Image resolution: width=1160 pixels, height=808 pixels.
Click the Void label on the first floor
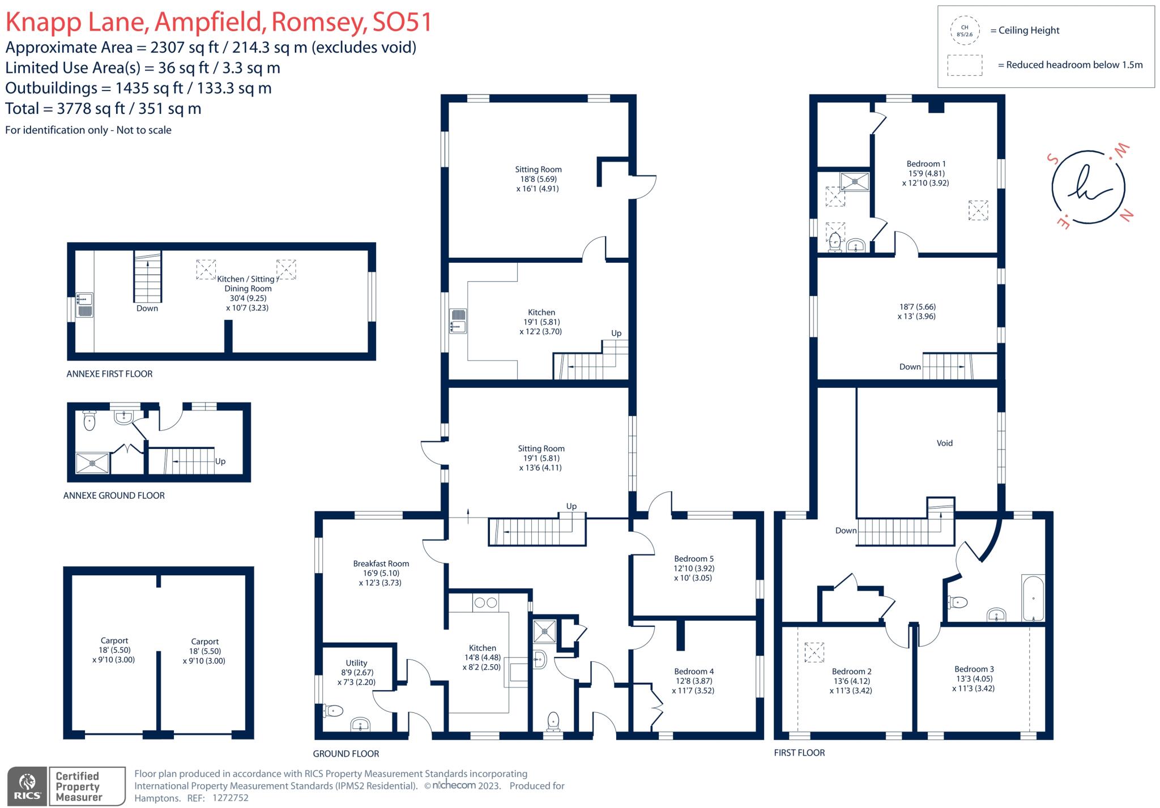[944, 443]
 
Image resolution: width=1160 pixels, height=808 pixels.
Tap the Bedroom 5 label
[693, 559]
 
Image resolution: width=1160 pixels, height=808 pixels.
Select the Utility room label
[356, 663]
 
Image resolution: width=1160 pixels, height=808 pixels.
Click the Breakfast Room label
[381, 564]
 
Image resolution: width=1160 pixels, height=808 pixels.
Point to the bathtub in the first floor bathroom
[1033, 598]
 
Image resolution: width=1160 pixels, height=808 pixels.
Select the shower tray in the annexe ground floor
[92, 463]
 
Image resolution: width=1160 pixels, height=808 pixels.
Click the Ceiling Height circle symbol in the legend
[965, 31]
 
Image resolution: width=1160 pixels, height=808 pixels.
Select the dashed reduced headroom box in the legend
[965, 65]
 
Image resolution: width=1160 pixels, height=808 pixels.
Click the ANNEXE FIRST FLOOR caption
[109, 374]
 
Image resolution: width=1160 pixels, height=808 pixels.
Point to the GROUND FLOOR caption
[346, 754]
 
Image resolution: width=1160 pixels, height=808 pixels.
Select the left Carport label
[114, 641]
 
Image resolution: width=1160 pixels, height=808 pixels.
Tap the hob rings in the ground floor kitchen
[486, 603]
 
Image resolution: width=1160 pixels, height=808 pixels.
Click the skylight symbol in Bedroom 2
[814, 652]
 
